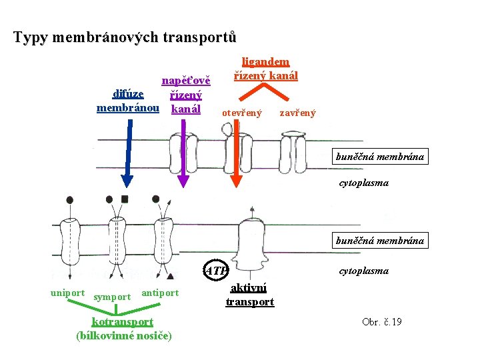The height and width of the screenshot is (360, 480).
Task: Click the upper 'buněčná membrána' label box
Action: coord(380,157)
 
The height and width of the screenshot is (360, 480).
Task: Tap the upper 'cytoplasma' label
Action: coord(364,182)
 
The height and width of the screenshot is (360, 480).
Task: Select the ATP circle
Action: coord(215,271)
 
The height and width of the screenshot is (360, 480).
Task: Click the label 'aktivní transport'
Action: coord(249,295)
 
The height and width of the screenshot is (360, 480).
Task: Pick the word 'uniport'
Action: coord(67,293)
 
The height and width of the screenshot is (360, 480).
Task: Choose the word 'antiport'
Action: coord(161,293)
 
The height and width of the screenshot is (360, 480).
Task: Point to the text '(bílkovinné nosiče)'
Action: coord(125,335)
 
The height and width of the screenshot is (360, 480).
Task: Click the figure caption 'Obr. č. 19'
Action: coord(381,323)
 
